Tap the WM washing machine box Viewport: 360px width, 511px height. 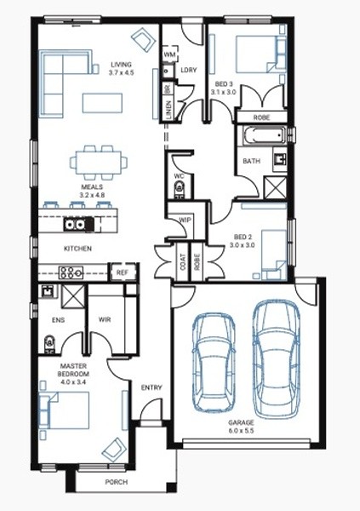169,54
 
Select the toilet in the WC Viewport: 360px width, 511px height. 179,190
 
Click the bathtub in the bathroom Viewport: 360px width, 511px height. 264,135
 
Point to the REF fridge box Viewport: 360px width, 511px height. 123,273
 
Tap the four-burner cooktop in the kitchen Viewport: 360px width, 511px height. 71,273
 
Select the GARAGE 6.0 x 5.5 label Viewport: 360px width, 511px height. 241,427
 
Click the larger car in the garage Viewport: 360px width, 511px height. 277,359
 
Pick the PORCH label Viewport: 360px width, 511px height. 117,482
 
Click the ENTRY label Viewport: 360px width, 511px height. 151,388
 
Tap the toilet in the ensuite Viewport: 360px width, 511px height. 49,344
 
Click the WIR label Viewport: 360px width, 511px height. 105,319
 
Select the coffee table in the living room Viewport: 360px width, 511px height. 102,103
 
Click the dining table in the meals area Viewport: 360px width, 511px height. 99,163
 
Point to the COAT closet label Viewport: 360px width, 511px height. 183,261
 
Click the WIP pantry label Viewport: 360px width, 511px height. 185,220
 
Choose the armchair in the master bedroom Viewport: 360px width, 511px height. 114,450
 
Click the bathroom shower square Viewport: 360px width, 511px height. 275,187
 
